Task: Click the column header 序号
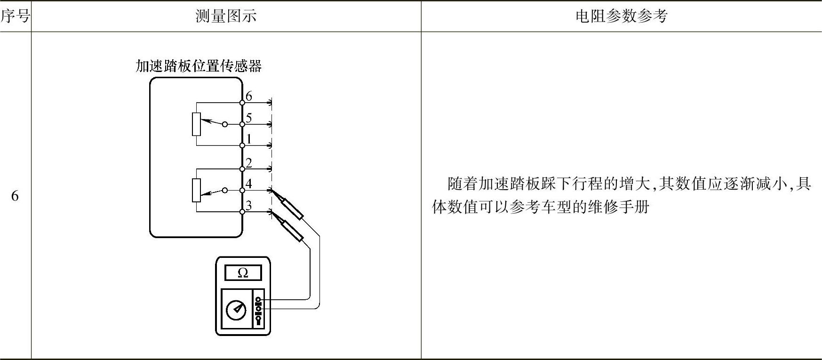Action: (x=15, y=16)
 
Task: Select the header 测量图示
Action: (x=226, y=16)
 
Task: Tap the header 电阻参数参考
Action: (x=621, y=16)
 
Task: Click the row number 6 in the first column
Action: (x=15, y=196)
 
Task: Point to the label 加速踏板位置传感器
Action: (x=198, y=66)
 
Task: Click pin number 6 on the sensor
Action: (x=249, y=96)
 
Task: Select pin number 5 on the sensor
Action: (x=249, y=118)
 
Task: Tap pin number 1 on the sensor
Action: (x=249, y=139)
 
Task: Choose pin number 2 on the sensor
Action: (x=249, y=163)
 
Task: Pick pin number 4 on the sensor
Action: (x=249, y=184)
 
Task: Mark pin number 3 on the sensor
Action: (x=249, y=205)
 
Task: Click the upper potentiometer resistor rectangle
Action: (x=197, y=124)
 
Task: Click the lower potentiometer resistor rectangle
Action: (x=197, y=190)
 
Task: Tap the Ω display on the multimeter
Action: (x=243, y=273)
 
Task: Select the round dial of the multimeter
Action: (x=236, y=310)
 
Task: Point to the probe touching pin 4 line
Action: (x=292, y=208)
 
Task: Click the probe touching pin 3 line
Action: (x=292, y=230)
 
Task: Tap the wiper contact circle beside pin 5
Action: (x=225, y=124)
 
